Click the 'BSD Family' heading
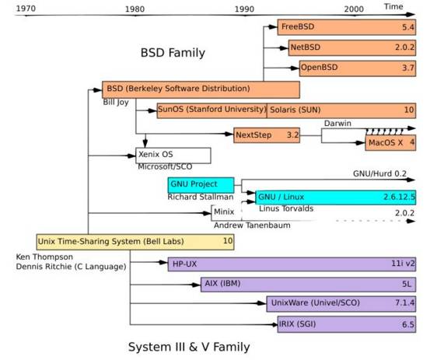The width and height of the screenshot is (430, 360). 173,53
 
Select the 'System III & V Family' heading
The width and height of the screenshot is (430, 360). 189,345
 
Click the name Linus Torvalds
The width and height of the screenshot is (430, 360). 285,209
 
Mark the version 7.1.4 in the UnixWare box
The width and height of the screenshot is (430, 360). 403,303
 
